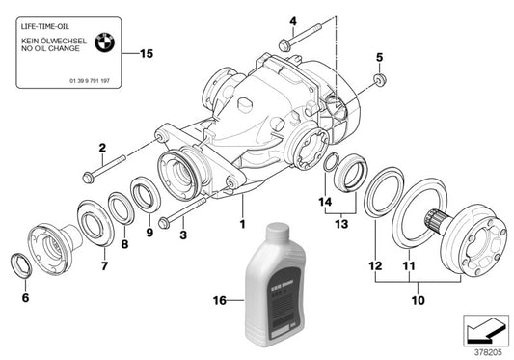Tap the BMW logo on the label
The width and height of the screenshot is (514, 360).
(x=108, y=42)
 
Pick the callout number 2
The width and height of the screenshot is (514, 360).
(x=99, y=147)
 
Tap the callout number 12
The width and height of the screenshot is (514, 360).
(x=373, y=263)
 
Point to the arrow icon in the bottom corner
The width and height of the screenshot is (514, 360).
(x=485, y=332)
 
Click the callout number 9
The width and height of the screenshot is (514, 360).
(x=149, y=233)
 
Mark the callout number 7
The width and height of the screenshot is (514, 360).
(x=104, y=263)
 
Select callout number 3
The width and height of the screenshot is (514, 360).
(x=184, y=233)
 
